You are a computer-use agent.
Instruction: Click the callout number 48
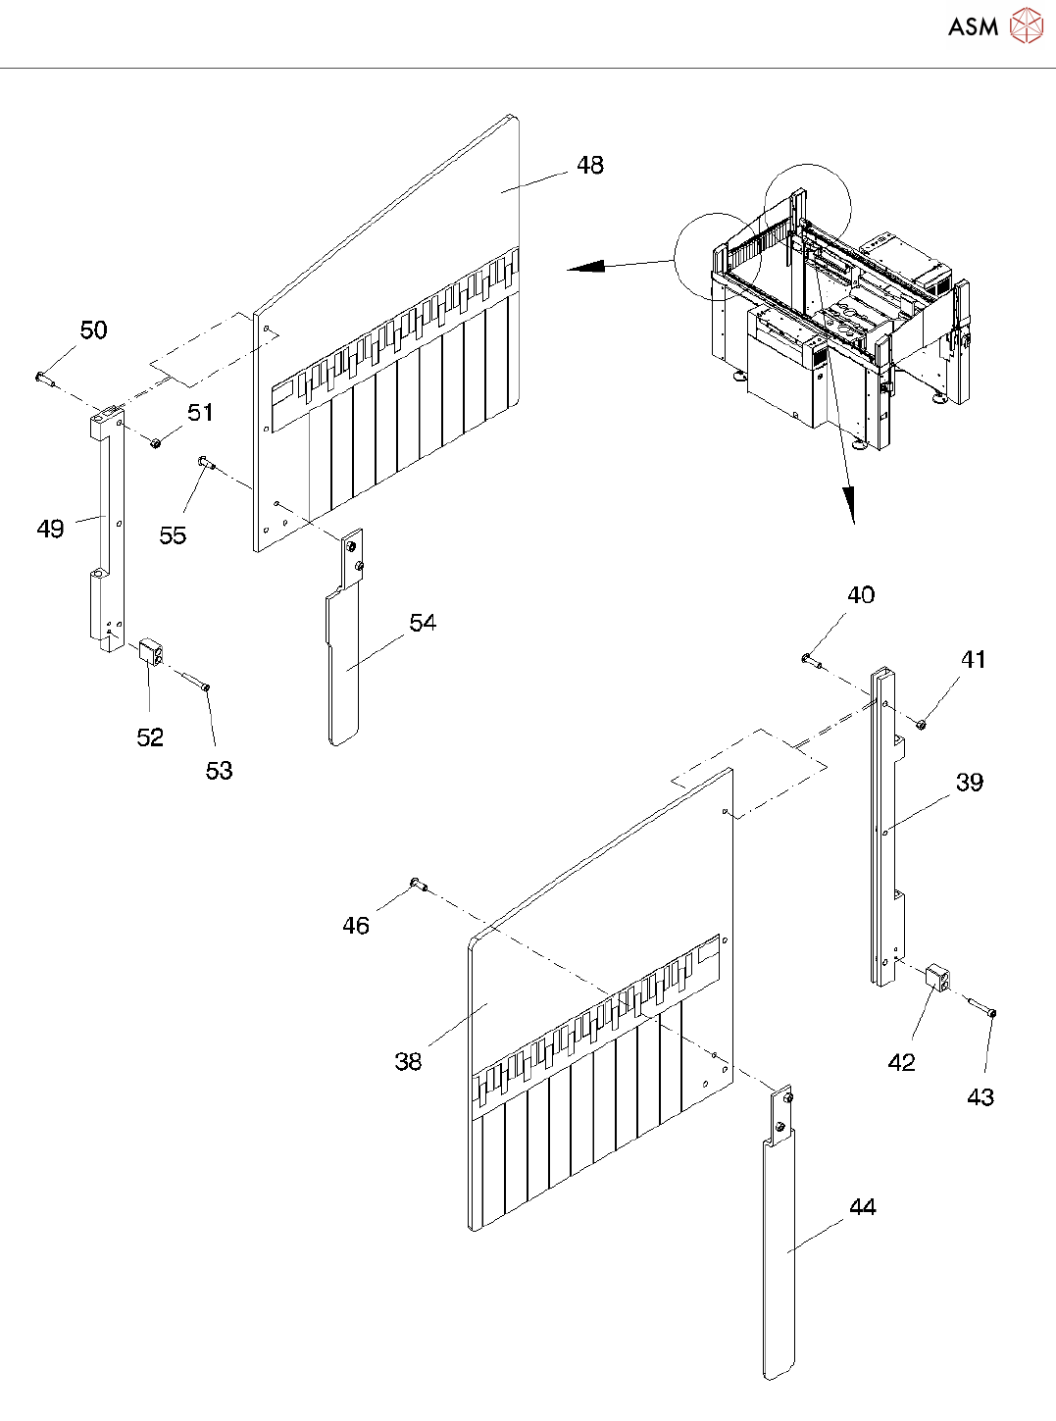click(x=590, y=165)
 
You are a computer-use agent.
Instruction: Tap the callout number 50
click(x=94, y=330)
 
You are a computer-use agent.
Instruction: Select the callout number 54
click(x=423, y=623)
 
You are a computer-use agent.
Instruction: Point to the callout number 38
click(x=408, y=1061)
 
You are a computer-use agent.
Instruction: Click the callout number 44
click(x=862, y=1206)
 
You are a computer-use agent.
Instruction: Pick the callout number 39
click(x=970, y=782)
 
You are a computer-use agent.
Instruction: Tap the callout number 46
click(x=356, y=926)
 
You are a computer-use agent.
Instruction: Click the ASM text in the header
click(x=973, y=27)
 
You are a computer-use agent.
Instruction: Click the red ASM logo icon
click(x=1027, y=26)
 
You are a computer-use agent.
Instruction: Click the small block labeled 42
click(x=938, y=977)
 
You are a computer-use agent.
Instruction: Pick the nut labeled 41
click(x=922, y=724)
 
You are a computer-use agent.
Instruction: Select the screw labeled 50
click(x=42, y=376)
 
